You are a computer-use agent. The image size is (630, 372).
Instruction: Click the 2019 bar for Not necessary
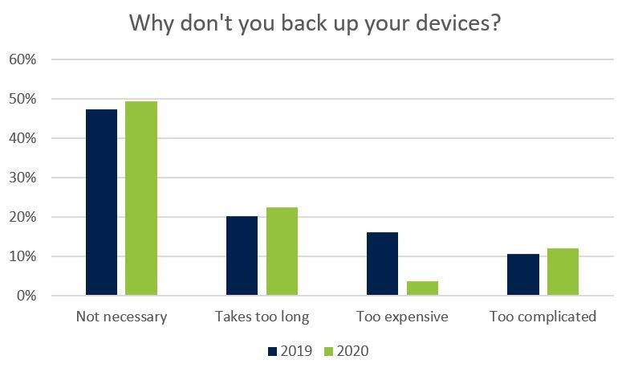pyautogui.click(x=101, y=202)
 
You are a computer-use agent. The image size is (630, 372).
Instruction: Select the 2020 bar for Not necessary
pyautogui.click(x=141, y=198)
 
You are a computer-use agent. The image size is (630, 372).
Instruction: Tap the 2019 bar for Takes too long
pyautogui.click(x=242, y=255)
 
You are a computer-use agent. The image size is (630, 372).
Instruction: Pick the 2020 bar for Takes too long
pyautogui.click(x=282, y=251)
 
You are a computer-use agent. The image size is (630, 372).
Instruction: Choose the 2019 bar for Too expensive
pyautogui.click(x=382, y=264)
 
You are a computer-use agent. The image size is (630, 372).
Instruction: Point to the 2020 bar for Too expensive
pyautogui.click(x=422, y=288)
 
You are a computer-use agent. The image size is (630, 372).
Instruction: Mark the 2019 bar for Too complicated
pyautogui.click(x=522, y=275)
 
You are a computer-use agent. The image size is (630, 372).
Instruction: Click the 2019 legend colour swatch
pyautogui.click(x=271, y=351)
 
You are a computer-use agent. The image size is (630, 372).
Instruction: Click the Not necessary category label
pyautogui.click(x=121, y=317)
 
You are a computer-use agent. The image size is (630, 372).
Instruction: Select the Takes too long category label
pyautogui.click(x=262, y=317)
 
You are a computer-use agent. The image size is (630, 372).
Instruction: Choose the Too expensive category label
pyautogui.click(x=402, y=317)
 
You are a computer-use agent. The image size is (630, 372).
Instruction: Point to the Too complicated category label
pyautogui.click(x=543, y=317)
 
